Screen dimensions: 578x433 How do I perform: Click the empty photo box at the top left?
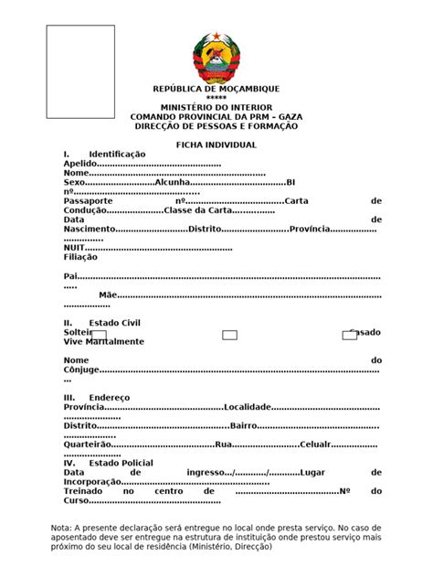click(x=80, y=71)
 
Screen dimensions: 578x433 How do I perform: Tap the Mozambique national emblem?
click(x=216, y=57)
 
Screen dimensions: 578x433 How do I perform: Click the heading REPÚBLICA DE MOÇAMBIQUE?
click(x=216, y=89)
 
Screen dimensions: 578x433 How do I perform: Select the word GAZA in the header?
click(x=290, y=117)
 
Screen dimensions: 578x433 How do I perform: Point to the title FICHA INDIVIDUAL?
click(x=216, y=145)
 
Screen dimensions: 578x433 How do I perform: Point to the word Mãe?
click(x=108, y=295)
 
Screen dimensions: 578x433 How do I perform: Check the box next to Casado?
click(x=349, y=336)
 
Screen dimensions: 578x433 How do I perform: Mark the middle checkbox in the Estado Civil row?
click(x=229, y=336)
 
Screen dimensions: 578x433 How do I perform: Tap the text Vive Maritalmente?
click(x=103, y=342)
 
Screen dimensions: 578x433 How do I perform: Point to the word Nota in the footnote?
click(x=61, y=529)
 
